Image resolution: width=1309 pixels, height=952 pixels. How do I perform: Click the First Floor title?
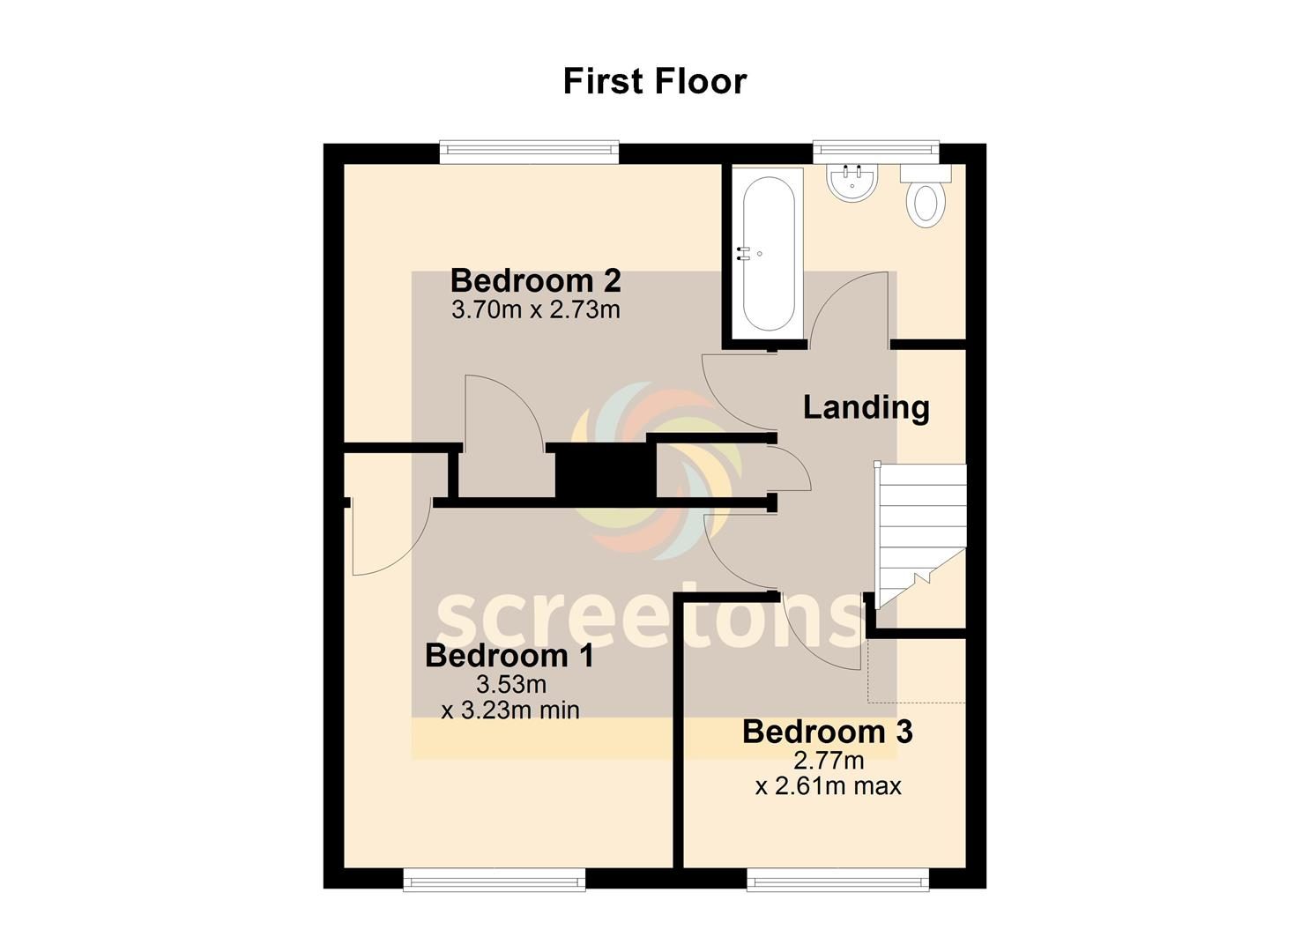tap(655, 81)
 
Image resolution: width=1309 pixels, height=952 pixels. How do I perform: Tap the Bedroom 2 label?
tap(535, 281)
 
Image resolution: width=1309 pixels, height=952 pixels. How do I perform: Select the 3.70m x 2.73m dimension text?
tap(535, 309)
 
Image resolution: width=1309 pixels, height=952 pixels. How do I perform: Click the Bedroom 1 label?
tap(509, 656)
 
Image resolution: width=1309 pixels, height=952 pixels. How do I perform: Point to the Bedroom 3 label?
tap(828, 732)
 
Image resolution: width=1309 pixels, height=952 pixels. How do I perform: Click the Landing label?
tap(866, 407)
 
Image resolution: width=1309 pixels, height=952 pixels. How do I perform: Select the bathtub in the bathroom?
tap(769, 254)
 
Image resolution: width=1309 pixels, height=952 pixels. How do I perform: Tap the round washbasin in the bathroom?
tap(852, 182)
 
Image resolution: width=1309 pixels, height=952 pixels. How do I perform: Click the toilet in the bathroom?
tap(926, 196)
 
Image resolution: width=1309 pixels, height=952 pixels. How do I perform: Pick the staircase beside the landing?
tap(920, 535)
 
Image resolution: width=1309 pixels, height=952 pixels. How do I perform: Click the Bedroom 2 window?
tap(529, 152)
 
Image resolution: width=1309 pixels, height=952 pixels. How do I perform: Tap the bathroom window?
tap(876, 152)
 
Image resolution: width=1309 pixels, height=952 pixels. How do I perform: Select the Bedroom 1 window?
tap(495, 896)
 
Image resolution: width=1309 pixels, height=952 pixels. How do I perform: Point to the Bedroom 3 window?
tap(838, 896)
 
